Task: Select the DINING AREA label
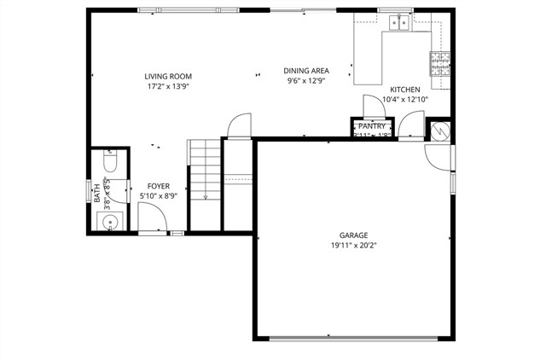coord(306,71)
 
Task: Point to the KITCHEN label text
coord(405,90)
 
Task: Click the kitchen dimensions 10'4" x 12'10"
coord(405,100)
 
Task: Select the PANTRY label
coord(372,126)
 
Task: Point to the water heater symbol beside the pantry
coord(440,132)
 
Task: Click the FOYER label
coord(158,186)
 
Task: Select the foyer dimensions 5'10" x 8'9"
coord(158,196)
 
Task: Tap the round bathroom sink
coord(108,223)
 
